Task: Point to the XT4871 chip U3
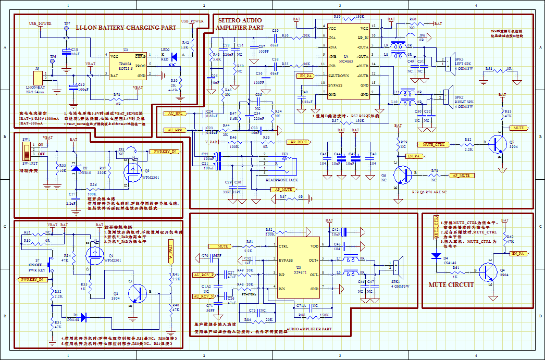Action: point(298,268)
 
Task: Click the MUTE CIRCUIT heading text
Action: point(451,285)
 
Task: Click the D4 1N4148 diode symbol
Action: point(436,256)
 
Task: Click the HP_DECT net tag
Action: point(299,142)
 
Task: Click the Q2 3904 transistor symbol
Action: point(138,293)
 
